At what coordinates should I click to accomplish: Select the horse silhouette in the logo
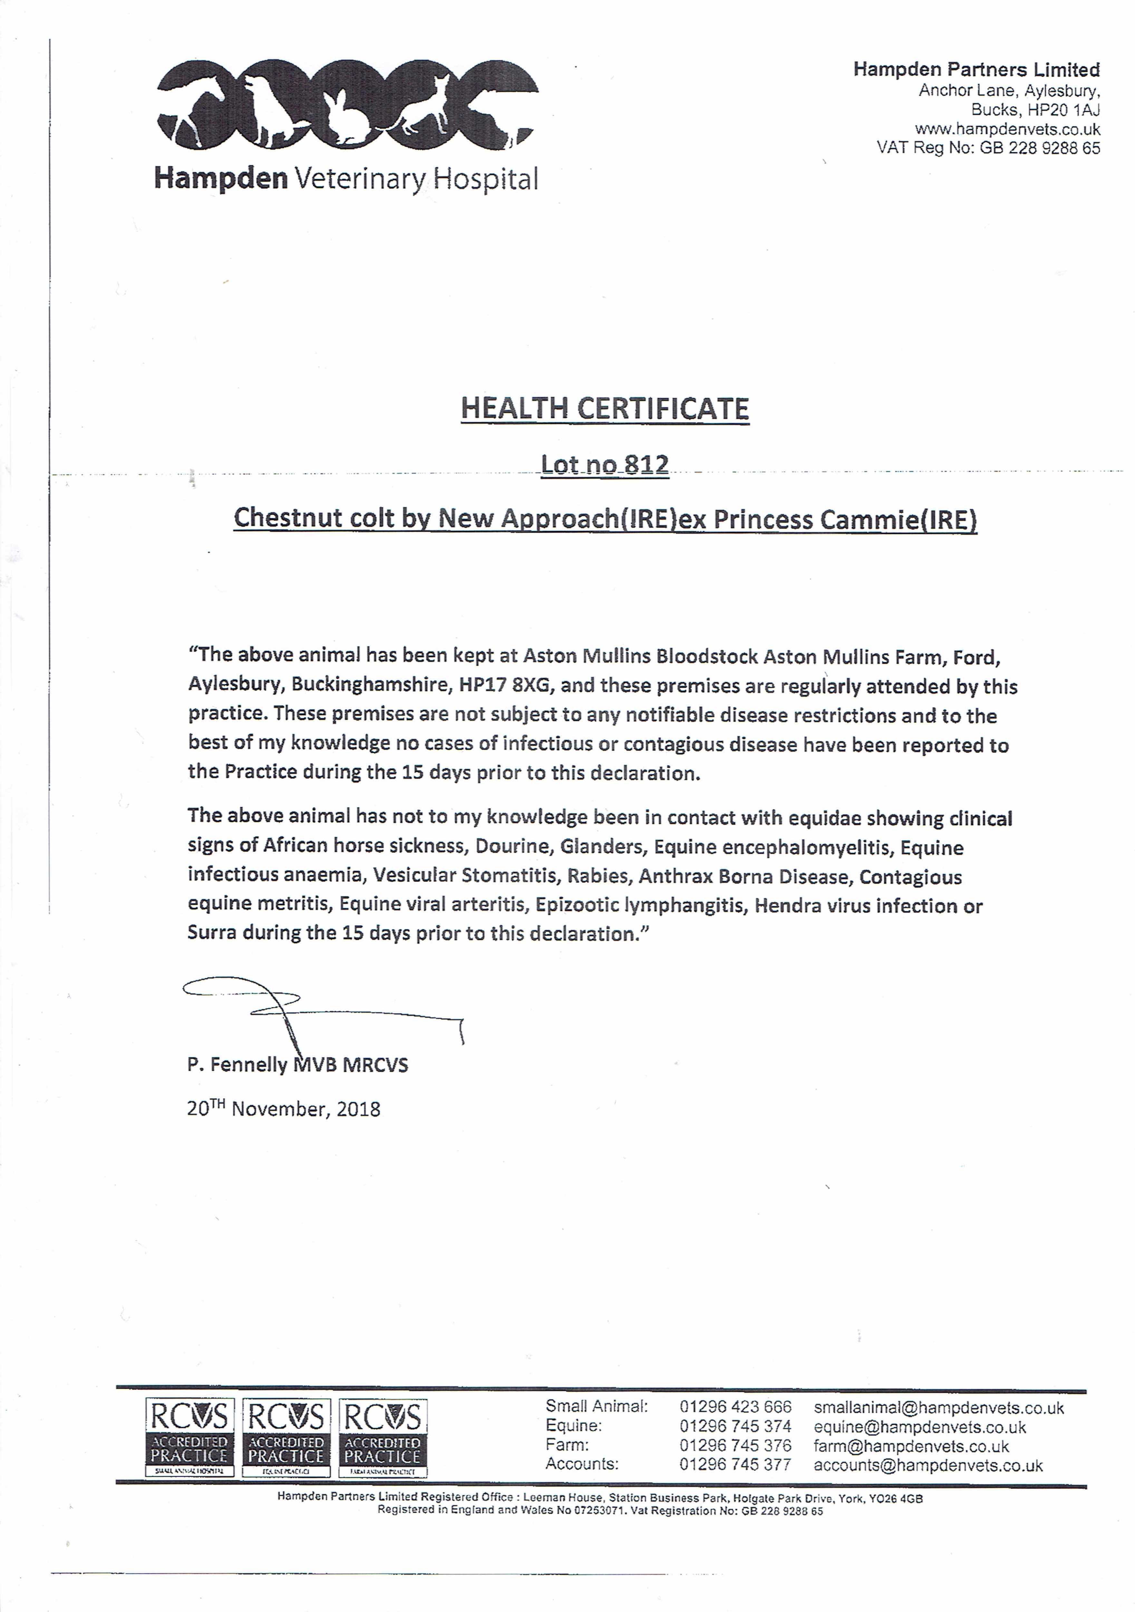[193, 105]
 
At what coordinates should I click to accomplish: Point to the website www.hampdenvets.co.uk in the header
[1007, 129]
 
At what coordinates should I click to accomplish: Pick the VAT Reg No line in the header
[988, 148]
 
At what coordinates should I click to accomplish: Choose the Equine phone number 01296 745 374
[735, 1427]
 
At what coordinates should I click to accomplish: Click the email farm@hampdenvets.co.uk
[911, 1446]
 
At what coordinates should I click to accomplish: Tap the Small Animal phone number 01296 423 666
[735, 1407]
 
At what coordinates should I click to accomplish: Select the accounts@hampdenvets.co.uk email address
[928, 1465]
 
